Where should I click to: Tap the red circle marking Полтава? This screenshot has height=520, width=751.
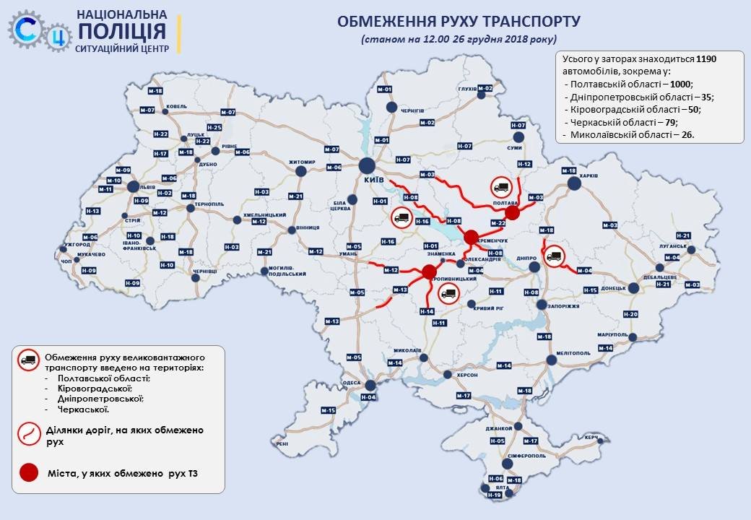(x=512, y=212)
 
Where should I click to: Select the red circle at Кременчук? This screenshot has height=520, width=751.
(x=471, y=237)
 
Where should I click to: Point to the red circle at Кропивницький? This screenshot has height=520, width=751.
(x=429, y=272)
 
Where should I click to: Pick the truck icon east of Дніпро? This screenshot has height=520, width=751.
(x=554, y=255)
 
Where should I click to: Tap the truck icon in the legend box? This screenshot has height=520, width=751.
(x=28, y=361)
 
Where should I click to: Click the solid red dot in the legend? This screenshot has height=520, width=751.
(x=28, y=473)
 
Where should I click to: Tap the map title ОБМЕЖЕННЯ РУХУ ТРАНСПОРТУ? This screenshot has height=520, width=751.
(x=459, y=21)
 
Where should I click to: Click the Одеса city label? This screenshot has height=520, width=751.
(x=352, y=383)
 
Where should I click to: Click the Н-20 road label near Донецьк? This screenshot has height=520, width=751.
(x=630, y=314)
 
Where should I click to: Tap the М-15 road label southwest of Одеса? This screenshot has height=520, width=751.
(x=329, y=410)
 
